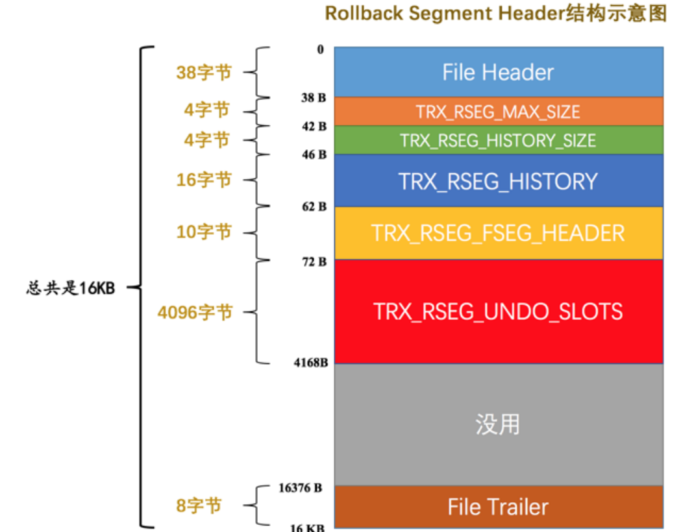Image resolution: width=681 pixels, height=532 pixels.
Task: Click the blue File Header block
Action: [498, 72]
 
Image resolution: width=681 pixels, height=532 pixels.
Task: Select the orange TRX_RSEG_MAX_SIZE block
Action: [498, 112]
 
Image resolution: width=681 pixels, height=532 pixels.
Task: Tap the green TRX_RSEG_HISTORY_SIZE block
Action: [498, 140]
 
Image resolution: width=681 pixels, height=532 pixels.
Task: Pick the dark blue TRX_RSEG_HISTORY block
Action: [498, 181]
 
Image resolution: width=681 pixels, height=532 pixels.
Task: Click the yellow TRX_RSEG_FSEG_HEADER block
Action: [498, 233]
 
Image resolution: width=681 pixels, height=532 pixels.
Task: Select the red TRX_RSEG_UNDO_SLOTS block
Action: [498, 311]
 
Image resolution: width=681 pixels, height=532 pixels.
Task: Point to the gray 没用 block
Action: [498, 424]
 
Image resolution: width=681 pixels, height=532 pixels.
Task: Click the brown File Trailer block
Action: [498, 507]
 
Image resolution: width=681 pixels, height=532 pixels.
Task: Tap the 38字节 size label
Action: [204, 73]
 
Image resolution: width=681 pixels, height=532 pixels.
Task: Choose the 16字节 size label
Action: [204, 180]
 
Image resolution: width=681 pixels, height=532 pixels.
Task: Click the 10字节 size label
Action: [204, 232]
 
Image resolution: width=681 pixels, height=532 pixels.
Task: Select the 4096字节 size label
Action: [195, 313]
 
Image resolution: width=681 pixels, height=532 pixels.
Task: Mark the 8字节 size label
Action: [199, 506]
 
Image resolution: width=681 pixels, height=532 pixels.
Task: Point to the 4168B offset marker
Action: [310, 362]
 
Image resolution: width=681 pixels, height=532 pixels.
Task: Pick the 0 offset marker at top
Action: [321, 50]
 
